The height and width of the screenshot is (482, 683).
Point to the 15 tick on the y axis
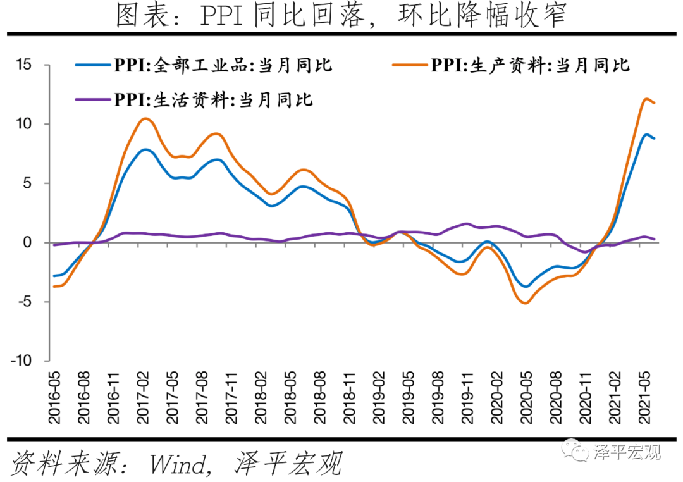(25, 65)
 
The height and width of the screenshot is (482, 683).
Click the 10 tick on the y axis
(25, 124)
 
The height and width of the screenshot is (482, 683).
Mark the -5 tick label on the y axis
(25, 302)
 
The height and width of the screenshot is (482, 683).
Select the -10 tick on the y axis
(23, 361)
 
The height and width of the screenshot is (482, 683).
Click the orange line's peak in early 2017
(145, 118)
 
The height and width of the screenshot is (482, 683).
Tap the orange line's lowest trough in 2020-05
(526, 303)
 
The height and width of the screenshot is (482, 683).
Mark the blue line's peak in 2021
(646, 134)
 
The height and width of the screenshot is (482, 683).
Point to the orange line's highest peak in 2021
(646, 99)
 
